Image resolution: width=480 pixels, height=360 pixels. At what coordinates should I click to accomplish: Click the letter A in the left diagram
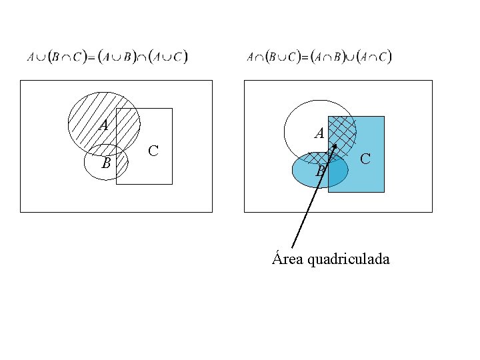pos(103,125)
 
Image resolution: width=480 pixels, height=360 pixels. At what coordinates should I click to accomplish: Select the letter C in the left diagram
pos(153,151)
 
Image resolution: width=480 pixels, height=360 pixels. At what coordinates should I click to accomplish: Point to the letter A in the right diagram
pos(319,133)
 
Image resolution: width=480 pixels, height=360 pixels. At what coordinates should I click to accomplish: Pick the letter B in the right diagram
pos(320,172)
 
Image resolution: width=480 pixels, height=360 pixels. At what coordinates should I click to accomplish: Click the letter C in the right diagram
pos(365,159)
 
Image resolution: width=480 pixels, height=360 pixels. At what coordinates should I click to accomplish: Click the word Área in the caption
pos(288,259)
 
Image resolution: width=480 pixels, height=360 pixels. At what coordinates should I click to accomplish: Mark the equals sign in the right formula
pos(305,57)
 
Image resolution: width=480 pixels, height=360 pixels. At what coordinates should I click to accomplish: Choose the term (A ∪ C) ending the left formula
pos(169,57)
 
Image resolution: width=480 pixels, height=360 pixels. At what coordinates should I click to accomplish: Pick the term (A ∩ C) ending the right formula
pos(374,57)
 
